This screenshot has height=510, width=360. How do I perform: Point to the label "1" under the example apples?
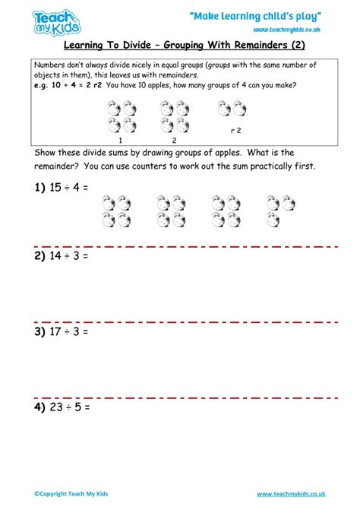pyautogui.click(x=120, y=140)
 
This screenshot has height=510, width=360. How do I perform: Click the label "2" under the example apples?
pyautogui.click(x=173, y=140)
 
